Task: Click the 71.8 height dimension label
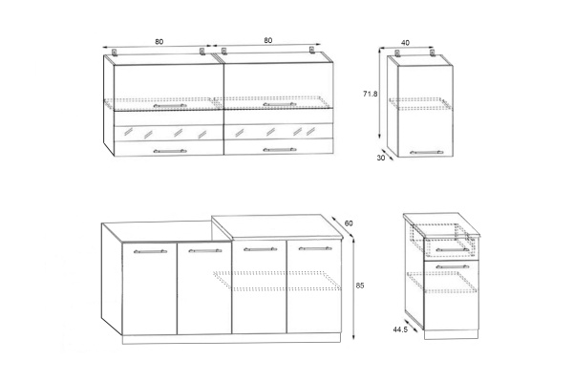pos(370,94)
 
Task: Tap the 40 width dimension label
pos(405,43)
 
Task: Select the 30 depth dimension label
pos(381,159)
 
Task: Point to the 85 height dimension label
pos(360,286)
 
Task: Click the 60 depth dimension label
pos(349,223)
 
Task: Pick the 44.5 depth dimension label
pos(400,329)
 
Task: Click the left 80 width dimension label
pos(159,42)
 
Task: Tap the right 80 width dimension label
pos(267,40)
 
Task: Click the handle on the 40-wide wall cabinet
pos(427,153)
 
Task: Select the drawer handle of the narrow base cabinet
pos(453,250)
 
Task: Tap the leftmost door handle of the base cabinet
pos(150,251)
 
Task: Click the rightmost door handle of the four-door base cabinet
pos(315,249)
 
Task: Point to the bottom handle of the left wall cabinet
pos(170,151)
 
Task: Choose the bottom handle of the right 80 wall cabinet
pos(280,150)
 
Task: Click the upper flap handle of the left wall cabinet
pos(170,106)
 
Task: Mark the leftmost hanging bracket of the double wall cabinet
pos(115,53)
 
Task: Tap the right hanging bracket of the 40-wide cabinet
pos(432,53)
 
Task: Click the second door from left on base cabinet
pos(204,288)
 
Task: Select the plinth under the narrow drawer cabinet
pos(452,334)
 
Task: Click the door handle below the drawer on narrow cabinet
pos(453,266)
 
